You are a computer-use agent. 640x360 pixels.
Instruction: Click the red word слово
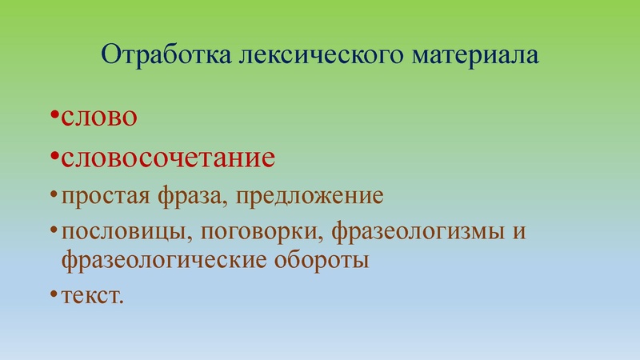pyautogui.click(x=101, y=119)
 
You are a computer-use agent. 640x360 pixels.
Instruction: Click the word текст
pyautogui.click(x=92, y=295)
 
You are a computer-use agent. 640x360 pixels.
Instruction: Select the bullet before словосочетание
pyautogui.click(x=53, y=155)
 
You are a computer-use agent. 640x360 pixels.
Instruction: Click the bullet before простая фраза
pyautogui.click(x=53, y=195)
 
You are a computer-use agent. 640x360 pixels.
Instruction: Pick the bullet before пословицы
pyautogui.click(x=53, y=232)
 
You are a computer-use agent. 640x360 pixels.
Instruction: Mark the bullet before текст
pyautogui.click(x=53, y=294)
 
